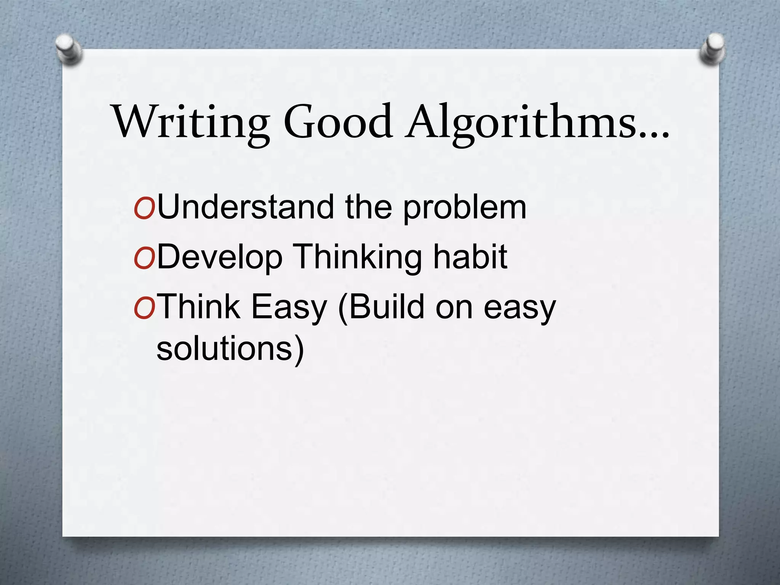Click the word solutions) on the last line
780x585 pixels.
[x=230, y=348]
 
